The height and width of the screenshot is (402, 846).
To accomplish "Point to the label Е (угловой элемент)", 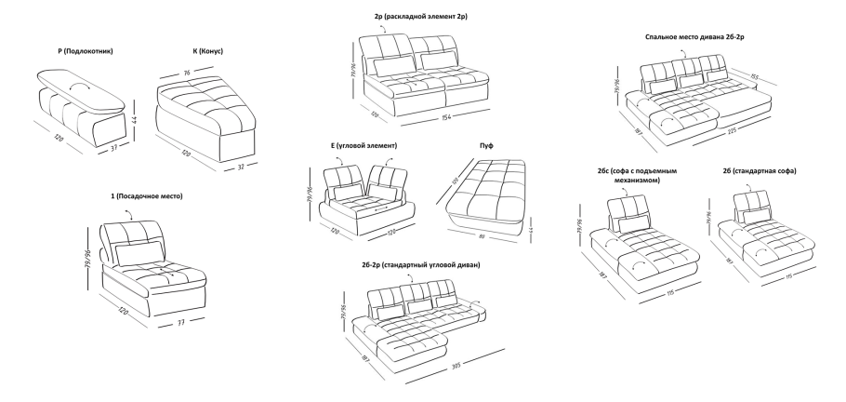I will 364,146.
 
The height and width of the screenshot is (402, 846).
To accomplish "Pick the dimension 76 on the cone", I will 187,72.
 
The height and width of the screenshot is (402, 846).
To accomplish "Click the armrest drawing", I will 82,99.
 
